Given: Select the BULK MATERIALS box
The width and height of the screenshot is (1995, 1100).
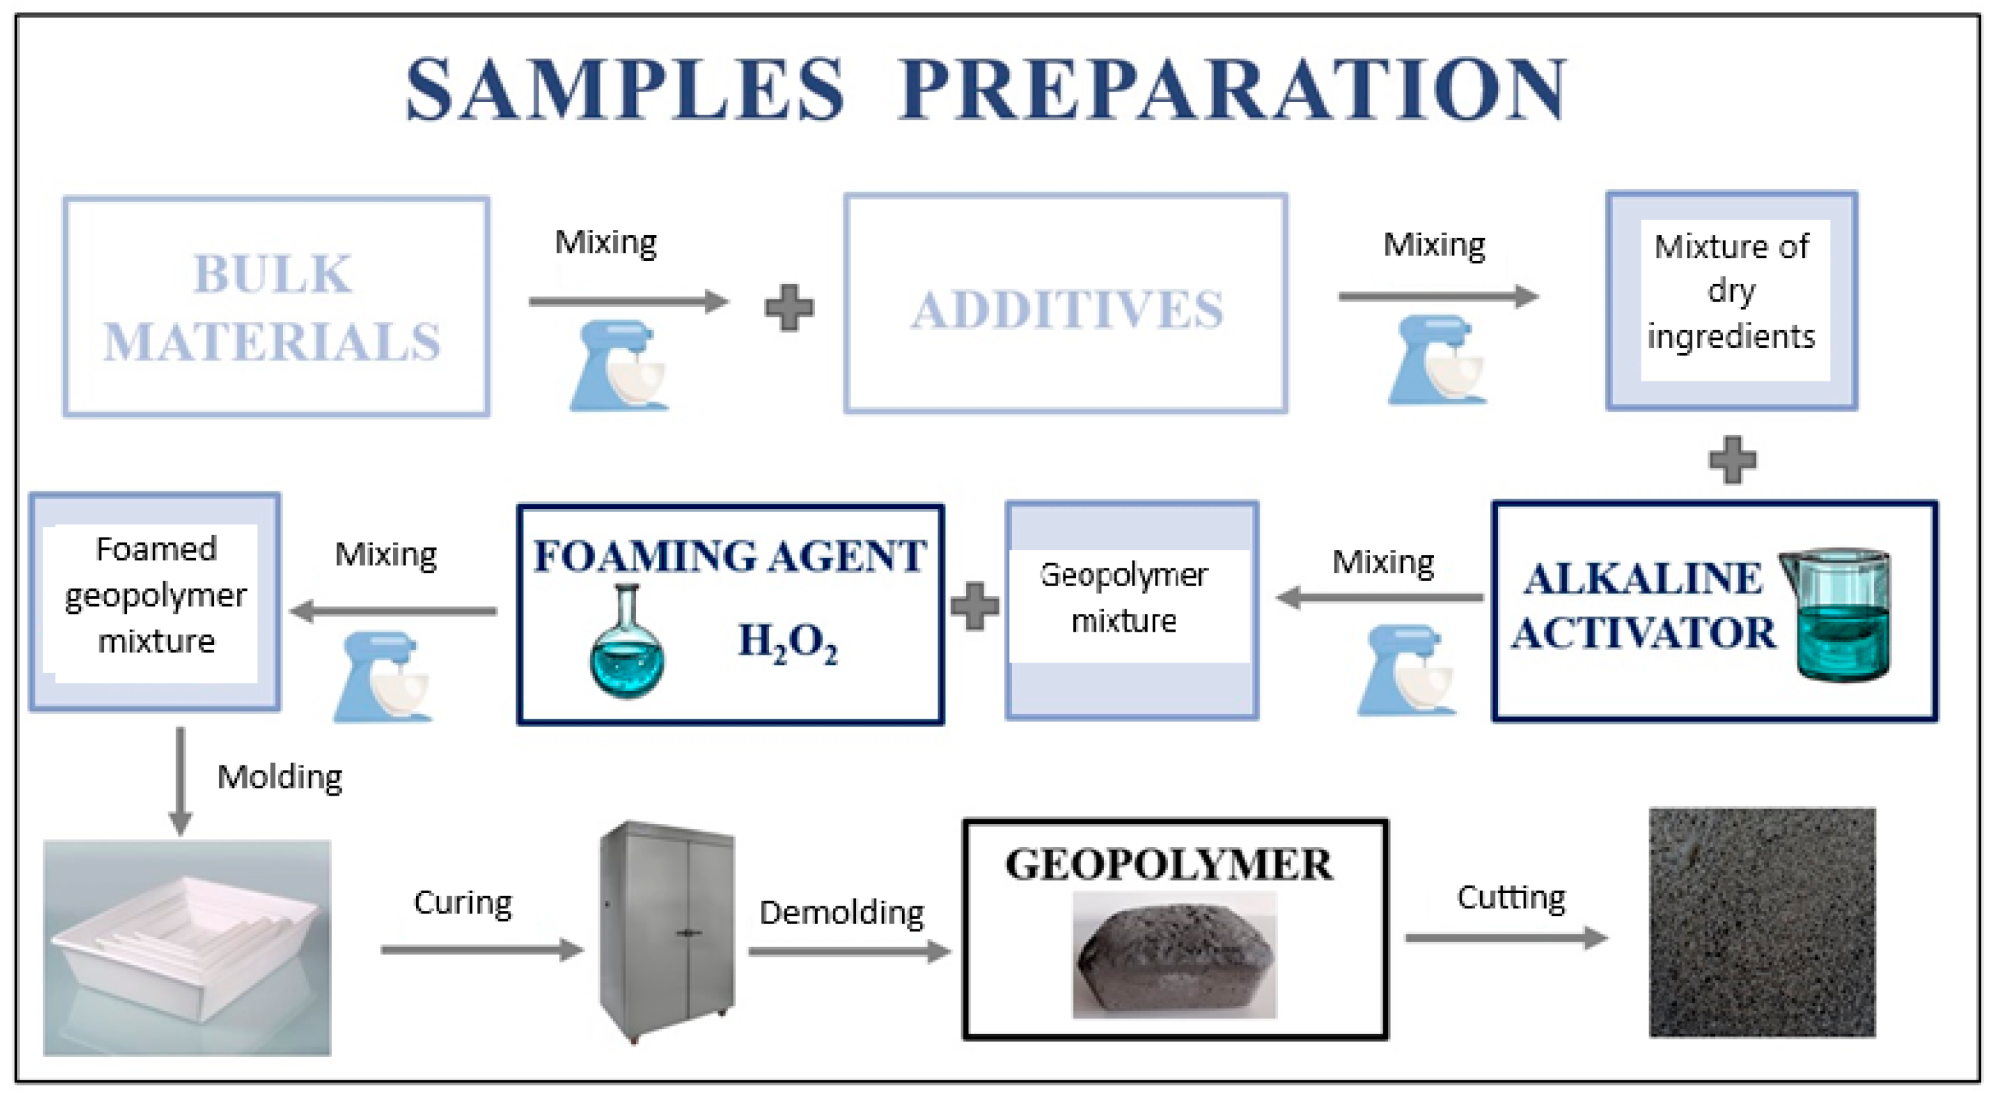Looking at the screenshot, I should [276, 307].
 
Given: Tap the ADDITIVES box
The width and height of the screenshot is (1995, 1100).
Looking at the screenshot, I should [1066, 304].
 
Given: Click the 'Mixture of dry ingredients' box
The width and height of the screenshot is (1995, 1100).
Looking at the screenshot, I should [1732, 300].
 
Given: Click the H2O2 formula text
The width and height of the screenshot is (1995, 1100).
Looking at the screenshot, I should [787, 642].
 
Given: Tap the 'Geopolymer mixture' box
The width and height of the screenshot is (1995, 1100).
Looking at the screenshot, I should [1130, 611].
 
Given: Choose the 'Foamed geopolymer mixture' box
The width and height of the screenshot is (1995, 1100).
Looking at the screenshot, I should [155, 602].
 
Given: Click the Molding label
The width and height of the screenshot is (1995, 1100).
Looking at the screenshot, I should [280, 777].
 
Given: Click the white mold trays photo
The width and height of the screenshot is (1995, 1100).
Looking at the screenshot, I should [186, 947].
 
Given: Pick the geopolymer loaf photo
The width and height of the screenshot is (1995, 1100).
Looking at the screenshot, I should [1174, 955].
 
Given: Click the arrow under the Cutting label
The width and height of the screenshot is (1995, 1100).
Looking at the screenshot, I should [1506, 938].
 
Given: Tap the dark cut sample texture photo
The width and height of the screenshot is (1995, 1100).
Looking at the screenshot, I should [1762, 922].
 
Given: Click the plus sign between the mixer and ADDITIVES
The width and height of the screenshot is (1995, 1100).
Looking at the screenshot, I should [789, 308].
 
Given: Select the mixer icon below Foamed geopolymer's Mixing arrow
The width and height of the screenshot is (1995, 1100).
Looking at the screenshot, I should [382, 676].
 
